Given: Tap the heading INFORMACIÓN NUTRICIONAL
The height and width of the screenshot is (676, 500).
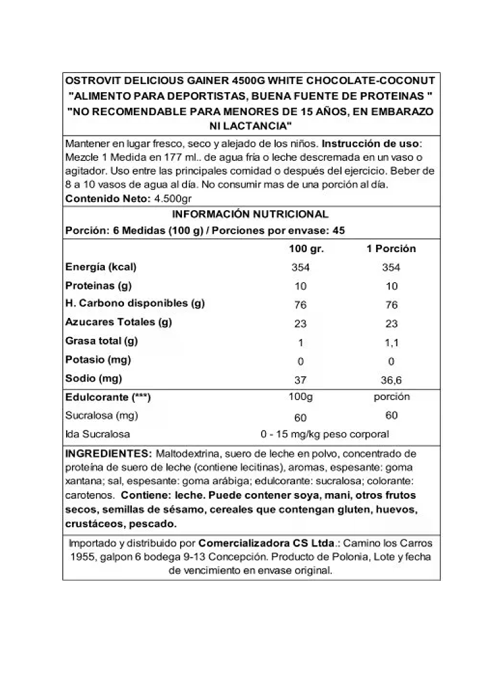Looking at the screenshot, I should tap(250, 214).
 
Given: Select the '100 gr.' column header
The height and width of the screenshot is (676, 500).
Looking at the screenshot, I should tap(306, 249).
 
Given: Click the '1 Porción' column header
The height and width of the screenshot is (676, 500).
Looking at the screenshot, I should tap(391, 249).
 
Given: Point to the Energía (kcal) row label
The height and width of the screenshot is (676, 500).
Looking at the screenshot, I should tap(101, 267).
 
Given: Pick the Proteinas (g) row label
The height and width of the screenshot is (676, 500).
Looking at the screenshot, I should tap(98, 286).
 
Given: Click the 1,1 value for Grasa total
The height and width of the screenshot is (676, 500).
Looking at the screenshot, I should tap(391, 343).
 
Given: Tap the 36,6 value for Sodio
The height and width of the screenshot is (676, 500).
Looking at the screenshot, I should tap(391, 380).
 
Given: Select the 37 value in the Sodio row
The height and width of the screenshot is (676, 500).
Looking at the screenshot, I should tap(300, 380).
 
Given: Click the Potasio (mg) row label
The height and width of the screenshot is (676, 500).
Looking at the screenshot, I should tap(98, 360).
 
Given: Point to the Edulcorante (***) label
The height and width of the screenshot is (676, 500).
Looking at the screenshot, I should tap(108, 397).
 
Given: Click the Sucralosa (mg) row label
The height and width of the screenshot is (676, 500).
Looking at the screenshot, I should tap(101, 416).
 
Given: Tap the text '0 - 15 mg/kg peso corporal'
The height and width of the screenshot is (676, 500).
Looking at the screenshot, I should tap(324, 434).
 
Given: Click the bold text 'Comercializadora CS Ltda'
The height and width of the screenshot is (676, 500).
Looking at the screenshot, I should tap(266, 543).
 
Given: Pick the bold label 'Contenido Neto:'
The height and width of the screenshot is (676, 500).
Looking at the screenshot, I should tap(108, 199).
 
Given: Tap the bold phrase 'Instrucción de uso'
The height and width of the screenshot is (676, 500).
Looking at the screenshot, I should tap(370, 143).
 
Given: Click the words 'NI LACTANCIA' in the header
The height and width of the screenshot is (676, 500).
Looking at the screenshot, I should tap(251, 126).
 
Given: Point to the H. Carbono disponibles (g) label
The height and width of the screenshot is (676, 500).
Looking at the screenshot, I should tap(135, 304).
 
